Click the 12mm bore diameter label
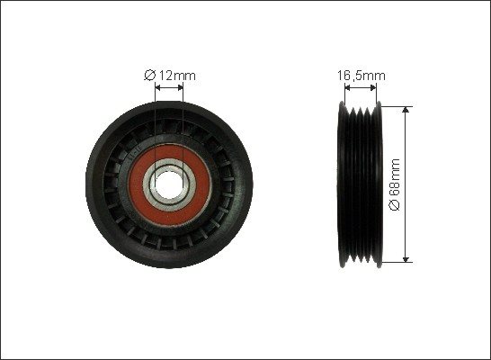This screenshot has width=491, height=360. coord(170,76)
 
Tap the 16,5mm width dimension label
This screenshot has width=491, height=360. coord(361,76)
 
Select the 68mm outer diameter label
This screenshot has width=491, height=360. coord(394,184)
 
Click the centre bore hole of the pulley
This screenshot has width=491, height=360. coord(169,184)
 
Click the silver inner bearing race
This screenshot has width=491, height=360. coord(148,184)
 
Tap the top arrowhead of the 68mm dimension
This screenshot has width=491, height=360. coord(406,110)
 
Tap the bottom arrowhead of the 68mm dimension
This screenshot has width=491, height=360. coord(406,259)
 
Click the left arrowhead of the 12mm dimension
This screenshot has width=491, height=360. coord(158,87)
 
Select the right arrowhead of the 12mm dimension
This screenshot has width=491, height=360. coord(180,87)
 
